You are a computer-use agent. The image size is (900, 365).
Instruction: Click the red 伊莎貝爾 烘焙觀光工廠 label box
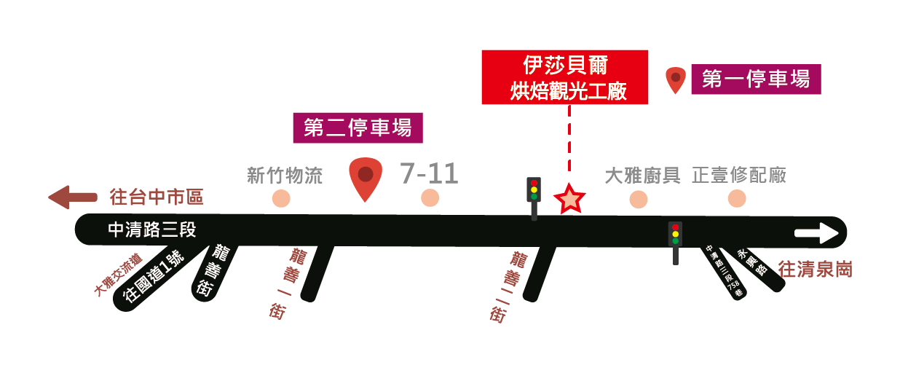(564, 76)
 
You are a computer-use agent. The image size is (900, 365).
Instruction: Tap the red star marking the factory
(569, 198)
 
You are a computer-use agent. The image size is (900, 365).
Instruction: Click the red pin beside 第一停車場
(676, 79)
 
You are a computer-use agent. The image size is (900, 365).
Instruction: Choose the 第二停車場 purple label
(358, 128)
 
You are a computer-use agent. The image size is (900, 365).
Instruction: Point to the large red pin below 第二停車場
(366, 177)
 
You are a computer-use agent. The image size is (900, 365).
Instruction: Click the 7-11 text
(429, 174)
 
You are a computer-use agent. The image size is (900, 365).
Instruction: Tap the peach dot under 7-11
(430, 198)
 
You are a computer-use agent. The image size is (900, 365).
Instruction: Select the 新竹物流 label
(285, 176)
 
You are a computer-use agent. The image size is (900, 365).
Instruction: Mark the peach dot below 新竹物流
(280, 198)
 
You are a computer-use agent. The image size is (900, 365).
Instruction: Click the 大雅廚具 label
(643, 176)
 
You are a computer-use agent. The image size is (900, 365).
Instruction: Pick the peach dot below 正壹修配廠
(737, 198)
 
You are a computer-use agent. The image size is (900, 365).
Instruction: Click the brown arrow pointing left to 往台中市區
(72, 197)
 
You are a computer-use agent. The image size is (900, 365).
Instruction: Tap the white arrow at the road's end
(817, 233)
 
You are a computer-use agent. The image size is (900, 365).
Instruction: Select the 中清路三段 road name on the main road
(152, 230)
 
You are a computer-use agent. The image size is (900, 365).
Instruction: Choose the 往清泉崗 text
(815, 270)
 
